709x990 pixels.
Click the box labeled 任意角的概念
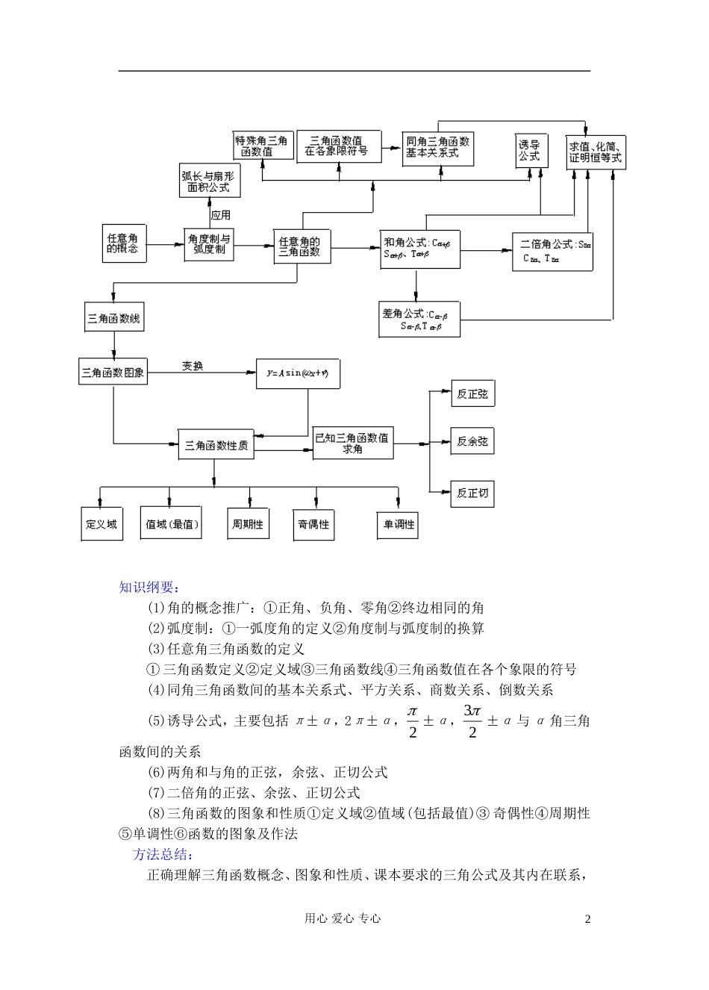point(123,243)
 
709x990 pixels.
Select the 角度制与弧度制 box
point(209,244)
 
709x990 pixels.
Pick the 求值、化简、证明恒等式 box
point(595,152)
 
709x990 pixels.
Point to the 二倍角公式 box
point(552,251)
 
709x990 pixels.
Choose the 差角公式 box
point(419,320)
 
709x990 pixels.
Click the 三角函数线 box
point(113,318)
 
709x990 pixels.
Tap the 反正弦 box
point(472,394)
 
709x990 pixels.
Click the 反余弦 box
point(472,442)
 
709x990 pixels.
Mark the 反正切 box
point(472,493)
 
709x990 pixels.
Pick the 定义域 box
point(101,524)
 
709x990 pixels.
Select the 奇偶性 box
point(313,524)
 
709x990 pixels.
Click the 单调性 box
point(399,524)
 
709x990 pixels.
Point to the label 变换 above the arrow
point(192,366)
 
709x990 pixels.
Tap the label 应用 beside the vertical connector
point(220,215)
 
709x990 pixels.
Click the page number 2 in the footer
point(587,919)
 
